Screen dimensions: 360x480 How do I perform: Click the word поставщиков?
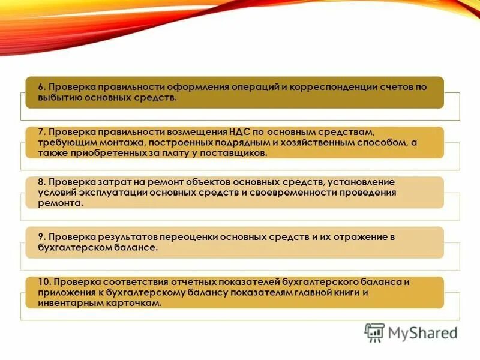click(232, 154)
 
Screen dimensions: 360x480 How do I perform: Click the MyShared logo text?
click(420, 333)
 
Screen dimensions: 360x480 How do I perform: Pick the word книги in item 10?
click(341, 293)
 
